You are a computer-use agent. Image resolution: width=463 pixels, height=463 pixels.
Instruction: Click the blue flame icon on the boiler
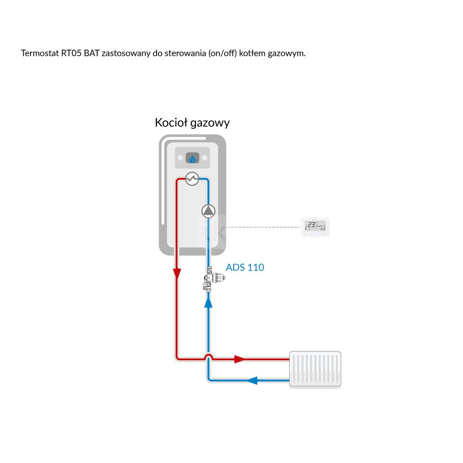click(x=192, y=159)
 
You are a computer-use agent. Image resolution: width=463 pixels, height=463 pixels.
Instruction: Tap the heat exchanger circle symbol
click(x=192, y=179)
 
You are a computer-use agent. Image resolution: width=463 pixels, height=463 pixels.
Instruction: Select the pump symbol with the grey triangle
click(x=209, y=211)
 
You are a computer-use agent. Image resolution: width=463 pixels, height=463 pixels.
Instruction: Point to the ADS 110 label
click(x=245, y=268)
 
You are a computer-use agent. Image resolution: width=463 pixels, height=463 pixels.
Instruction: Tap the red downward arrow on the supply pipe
click(x=177, y=274)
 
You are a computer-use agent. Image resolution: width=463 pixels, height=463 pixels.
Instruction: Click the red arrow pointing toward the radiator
click(x=239, y=359)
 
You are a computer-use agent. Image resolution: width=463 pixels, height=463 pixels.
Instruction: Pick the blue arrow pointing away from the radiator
click(x=251, y=381)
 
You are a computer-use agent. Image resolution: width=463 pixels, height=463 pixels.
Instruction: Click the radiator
click(x=315, y=369)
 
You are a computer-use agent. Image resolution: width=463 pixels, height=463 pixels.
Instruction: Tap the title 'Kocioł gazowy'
click(x=192, y=123)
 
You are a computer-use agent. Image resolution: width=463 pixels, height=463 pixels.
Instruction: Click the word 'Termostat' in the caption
click(x=40, y=53)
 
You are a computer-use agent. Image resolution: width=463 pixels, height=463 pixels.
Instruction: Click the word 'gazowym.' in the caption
click(x=288, y=53)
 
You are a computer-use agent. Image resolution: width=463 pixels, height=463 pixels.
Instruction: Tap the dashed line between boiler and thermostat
click(x=264, y=227)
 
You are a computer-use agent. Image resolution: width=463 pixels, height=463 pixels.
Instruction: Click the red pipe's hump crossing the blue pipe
click(x=209, y=356)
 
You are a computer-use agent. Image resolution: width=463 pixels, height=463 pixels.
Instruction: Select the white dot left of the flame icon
click(x=180, y=158)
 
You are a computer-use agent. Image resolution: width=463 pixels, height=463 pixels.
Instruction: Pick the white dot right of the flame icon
click(x=205, y=158)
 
